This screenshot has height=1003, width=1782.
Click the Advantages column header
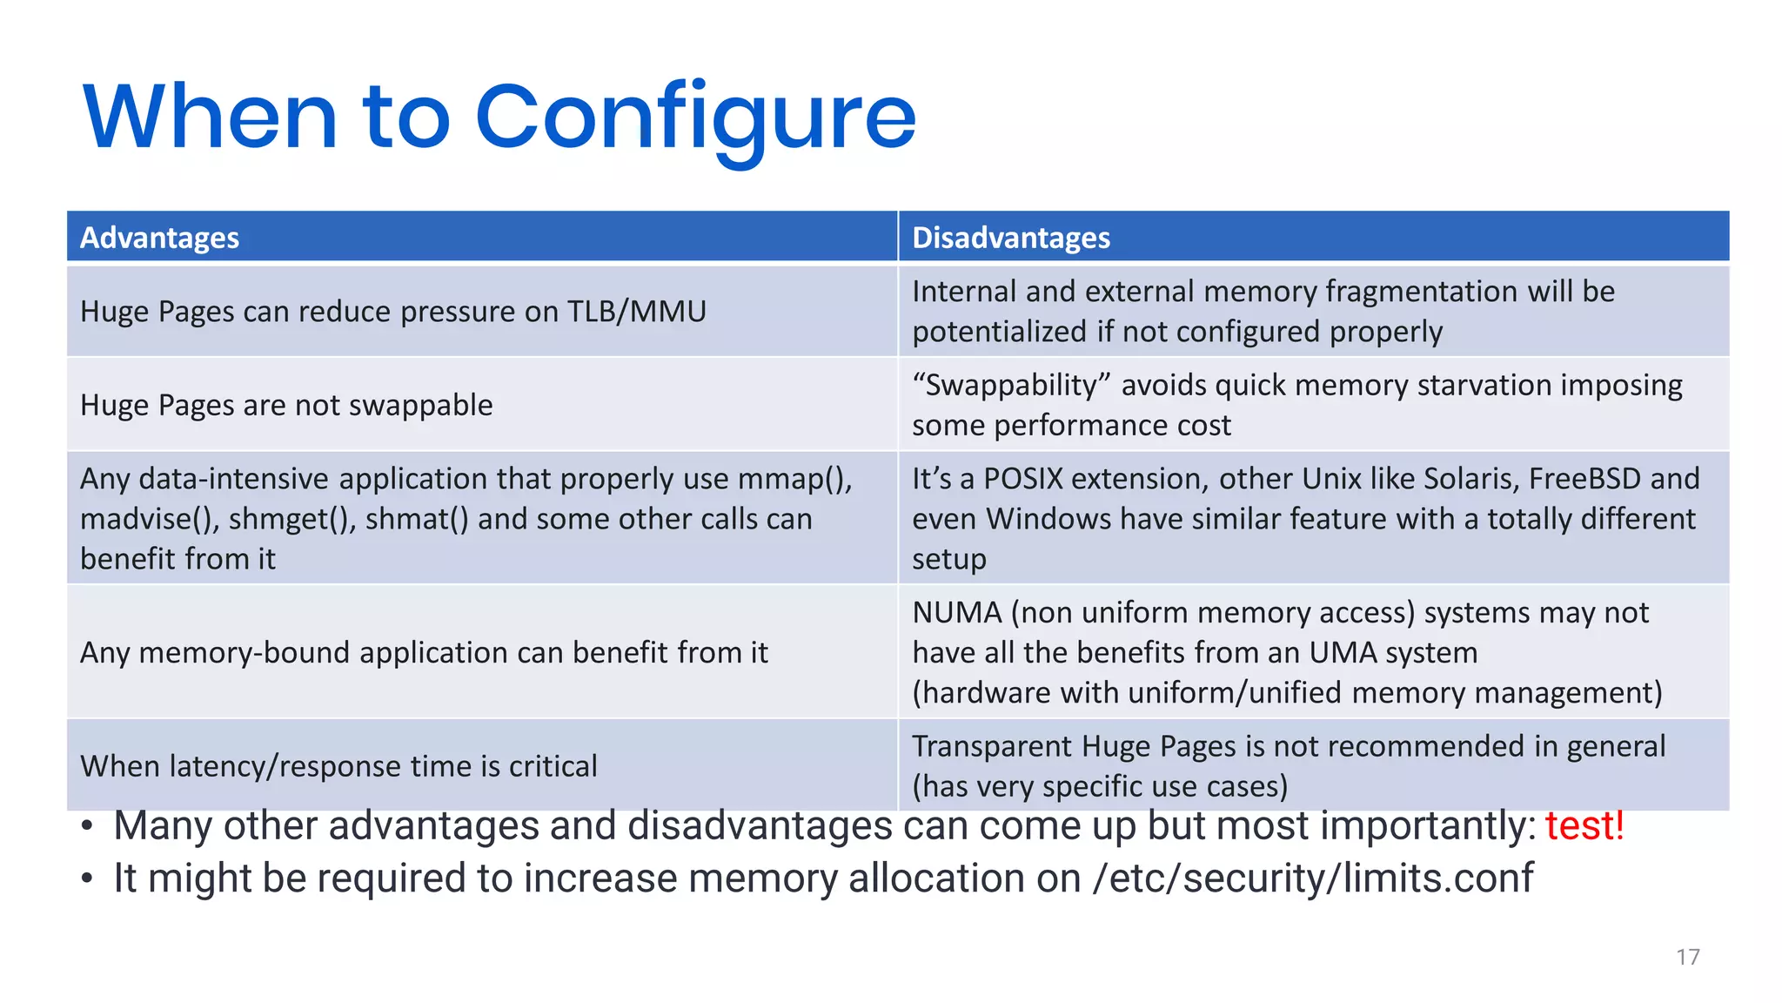tap(159, 238)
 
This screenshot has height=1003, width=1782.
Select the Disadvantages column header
tap(1010, 238)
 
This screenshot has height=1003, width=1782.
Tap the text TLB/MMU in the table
tap(636, 312)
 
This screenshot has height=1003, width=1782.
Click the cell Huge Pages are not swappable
tap(286, 406)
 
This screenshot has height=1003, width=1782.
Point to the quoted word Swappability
tap(1011, 386)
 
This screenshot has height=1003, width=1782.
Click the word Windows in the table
tap(1048, 520)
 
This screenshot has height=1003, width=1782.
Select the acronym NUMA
tap(957, 613)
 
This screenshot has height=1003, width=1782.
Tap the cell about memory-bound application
tap(424, 653)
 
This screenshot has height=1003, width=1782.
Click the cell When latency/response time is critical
tap(338, 766)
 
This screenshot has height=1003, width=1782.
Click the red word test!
tap(1584, 825)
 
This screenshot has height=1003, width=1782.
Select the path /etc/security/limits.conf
tap(1313, 878)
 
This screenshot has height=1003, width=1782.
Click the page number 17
tap(1687, 958)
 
